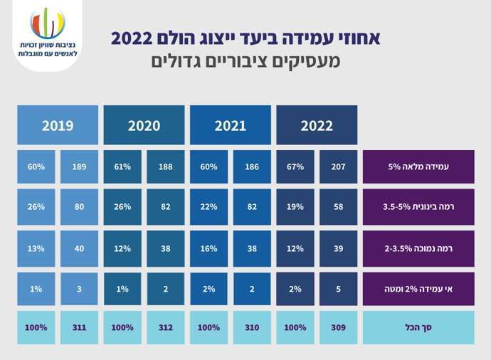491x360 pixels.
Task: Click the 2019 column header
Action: pos(58,126)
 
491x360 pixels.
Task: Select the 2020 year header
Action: pos(144,126)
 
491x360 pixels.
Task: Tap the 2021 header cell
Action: pos(230,126)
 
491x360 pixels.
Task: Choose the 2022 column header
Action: pos(317,126)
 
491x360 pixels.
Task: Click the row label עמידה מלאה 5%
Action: pos(418,167)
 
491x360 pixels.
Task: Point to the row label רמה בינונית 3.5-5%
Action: pos(418,207)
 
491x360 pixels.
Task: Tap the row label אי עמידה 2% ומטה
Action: pos(418,289)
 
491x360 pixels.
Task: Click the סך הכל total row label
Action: pos(418,328)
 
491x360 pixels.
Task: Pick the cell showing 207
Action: pos(338,167)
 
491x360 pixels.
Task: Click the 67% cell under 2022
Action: pos(295,167)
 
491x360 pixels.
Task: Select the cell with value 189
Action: pos(80,167)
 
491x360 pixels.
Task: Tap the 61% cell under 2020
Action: pos(122,167)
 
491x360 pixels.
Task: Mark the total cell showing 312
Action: pos(166,328)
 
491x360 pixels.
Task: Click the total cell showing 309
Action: pos(338,328)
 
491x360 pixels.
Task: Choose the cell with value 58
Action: pos(338,207)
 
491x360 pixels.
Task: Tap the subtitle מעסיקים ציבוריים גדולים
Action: pos(245,62)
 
